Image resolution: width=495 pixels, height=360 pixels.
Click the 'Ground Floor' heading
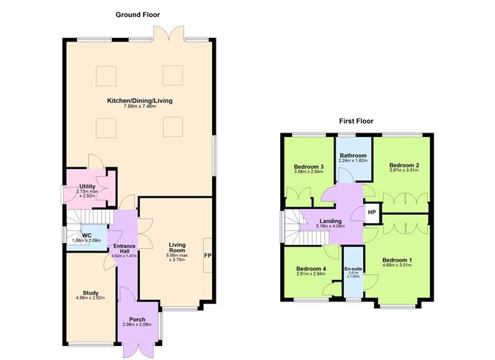point(137,14)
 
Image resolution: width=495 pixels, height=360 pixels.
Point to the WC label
point(86,236)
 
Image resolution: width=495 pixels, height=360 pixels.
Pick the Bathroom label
point(353,156)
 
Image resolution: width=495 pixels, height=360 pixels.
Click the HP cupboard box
point(371,211)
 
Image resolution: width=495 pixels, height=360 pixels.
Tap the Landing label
point(330,221)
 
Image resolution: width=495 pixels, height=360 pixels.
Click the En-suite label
point(353,267)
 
